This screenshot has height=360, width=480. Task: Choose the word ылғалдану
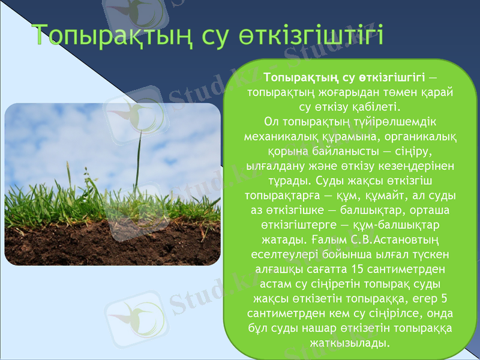tap(274, 166)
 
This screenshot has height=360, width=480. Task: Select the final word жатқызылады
tap(349, 343)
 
